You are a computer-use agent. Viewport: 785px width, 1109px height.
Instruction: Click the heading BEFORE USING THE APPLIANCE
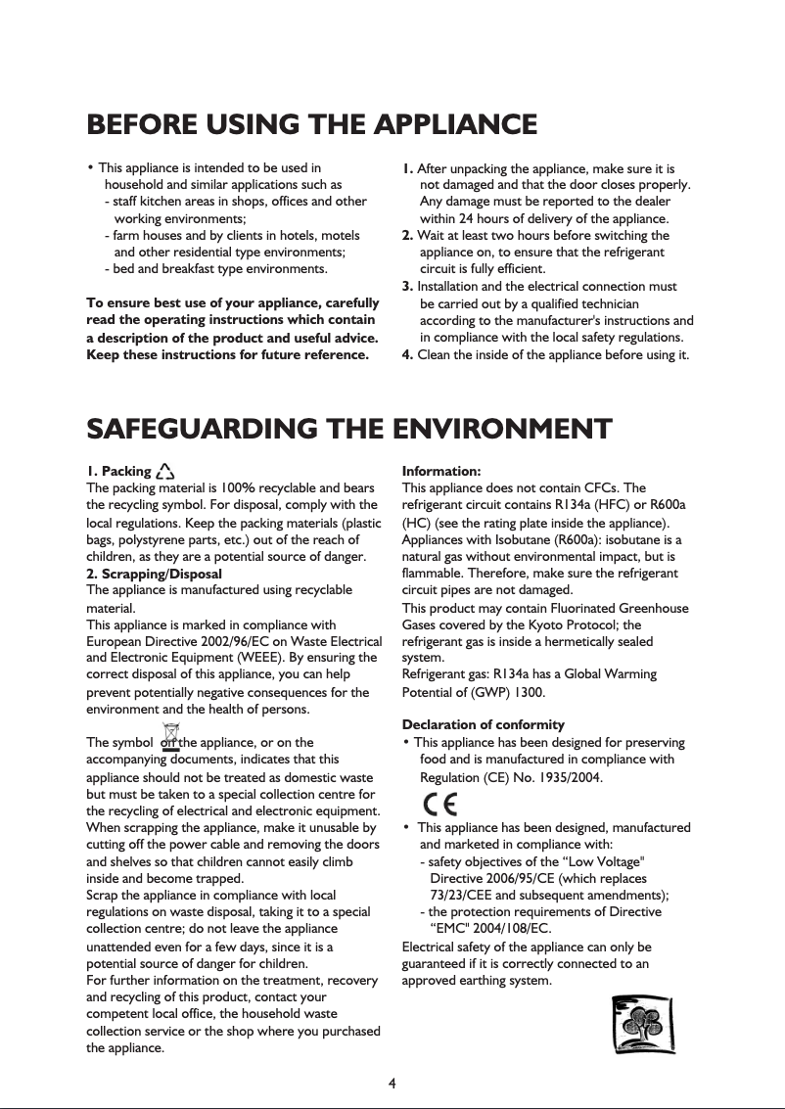311,125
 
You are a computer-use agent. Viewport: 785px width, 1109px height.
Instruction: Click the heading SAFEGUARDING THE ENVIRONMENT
349,429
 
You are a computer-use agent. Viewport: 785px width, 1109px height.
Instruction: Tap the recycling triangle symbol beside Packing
164,472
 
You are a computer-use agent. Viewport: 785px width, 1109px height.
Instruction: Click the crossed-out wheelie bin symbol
171,735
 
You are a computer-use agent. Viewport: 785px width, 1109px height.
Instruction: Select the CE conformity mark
442,804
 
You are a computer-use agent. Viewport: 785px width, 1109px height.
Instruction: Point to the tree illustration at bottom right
641,1025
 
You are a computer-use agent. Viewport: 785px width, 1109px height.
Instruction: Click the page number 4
392,1083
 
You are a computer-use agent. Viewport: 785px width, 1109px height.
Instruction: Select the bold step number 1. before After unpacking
408,169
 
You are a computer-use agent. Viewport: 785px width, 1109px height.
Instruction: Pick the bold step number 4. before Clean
408,354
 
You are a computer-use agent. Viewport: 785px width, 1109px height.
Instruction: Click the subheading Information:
441,472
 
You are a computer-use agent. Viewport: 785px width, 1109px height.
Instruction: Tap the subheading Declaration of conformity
484,724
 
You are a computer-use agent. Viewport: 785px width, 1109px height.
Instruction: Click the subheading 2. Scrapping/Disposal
155,574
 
